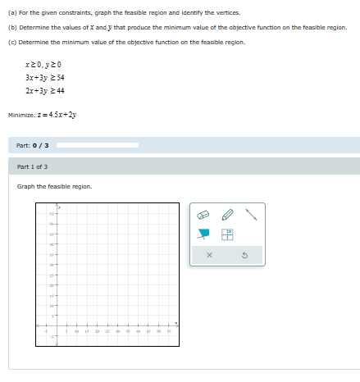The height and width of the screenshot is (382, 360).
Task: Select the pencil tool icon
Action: (x=228, y=215)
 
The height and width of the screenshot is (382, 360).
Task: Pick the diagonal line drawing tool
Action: (x=252, y=215)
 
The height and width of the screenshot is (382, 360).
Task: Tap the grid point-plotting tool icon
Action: (x=228, y=234)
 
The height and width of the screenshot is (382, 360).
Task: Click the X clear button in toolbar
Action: (x=209, y=256)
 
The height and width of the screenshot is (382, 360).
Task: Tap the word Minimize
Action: (x=21, y=115)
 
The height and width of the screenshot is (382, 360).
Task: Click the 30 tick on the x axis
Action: (x=117, y=331)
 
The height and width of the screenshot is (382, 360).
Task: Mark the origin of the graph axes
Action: (x=57, y=326)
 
